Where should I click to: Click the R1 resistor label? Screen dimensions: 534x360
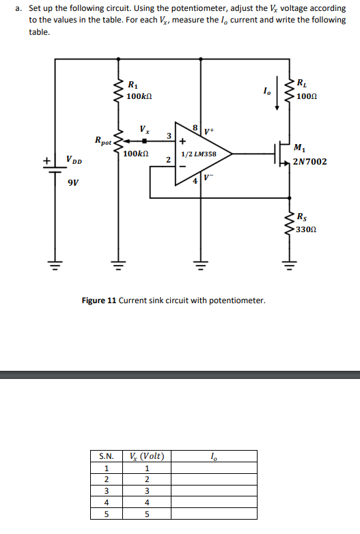(132, 85)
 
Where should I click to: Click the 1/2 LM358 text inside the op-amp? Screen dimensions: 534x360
(198, 154)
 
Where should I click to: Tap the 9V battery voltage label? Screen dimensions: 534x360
(73, 182)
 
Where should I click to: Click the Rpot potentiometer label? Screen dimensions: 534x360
(104, 141)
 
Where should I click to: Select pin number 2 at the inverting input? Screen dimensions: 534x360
(168, 159)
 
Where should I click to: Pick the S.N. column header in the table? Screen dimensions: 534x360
(106, 456)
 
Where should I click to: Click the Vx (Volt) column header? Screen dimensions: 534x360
(147, 456)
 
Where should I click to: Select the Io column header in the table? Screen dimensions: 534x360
(214, 456)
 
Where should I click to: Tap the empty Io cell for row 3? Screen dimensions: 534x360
(214, 491)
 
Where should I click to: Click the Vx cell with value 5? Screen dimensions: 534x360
(147, 514)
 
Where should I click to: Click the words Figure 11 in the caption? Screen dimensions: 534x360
(99, 300)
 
